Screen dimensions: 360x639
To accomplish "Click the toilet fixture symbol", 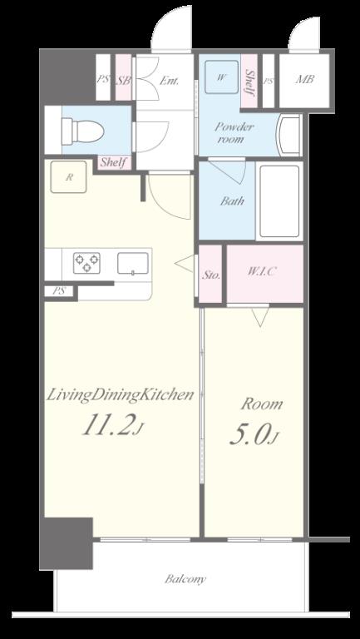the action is tap(82, 131).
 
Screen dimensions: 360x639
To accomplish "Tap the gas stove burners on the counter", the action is tap(86, 263).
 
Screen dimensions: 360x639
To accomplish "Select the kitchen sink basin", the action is tap(133, 263).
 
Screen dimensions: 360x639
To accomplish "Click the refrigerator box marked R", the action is tap(68, 177).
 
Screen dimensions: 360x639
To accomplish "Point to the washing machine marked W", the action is tap(221, 77).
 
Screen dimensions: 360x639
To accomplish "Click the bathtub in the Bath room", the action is tap(279, 201).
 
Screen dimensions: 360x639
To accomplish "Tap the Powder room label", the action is tap(234, 133).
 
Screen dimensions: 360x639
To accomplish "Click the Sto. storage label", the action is tap(211, 275).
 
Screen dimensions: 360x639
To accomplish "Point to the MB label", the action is tap(304, 79).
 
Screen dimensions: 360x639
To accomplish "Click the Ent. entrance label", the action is tap(169, 81).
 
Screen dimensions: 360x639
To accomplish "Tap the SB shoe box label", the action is tap(123, 80).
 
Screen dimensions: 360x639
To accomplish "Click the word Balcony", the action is tap(185, 579).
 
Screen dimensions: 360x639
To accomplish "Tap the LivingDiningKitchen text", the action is tap(120, 395).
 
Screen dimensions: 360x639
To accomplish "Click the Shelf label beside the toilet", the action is tap(114, 162).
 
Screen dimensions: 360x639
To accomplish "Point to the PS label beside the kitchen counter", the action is tap(60, 291).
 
